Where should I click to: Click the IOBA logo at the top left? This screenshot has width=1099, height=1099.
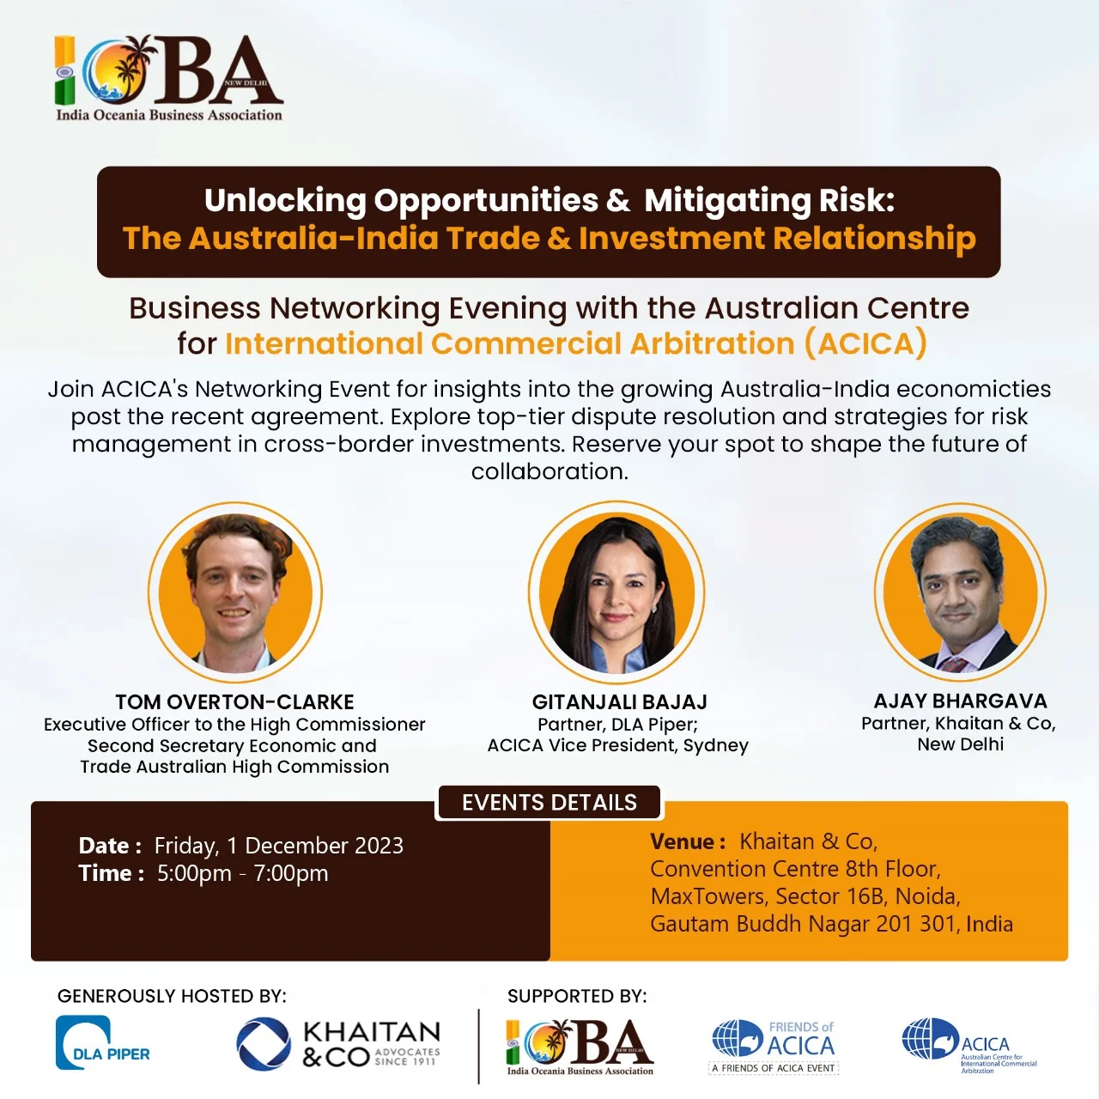(x=169, y=78)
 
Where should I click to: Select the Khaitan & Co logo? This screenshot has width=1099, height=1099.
(x=338, y=1044)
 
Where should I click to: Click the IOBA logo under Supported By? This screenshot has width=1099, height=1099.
(x=580, y=1047)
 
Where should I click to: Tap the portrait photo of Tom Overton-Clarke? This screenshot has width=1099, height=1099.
(x=235, y=593)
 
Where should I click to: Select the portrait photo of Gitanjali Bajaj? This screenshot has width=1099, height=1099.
(x=616, y=593)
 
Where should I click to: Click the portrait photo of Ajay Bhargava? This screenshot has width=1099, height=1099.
(x=960, y=593)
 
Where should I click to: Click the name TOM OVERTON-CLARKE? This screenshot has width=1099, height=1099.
(x=234, y=702)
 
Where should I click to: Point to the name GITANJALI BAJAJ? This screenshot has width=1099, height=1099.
(x=619, y=702)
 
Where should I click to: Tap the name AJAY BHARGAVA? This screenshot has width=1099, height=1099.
(x=960, y=701)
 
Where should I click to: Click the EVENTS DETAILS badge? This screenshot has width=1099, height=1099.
(x=549, y=803)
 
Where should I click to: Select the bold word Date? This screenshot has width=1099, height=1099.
(x=105, y=846)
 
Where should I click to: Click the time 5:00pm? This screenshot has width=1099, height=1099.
(x=194, y=873)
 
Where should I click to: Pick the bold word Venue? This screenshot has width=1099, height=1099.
(x=683, y=841)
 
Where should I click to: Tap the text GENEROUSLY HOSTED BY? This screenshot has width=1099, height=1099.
(x=172, y=996)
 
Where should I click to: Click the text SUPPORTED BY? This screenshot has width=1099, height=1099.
(x=577, y=996)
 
